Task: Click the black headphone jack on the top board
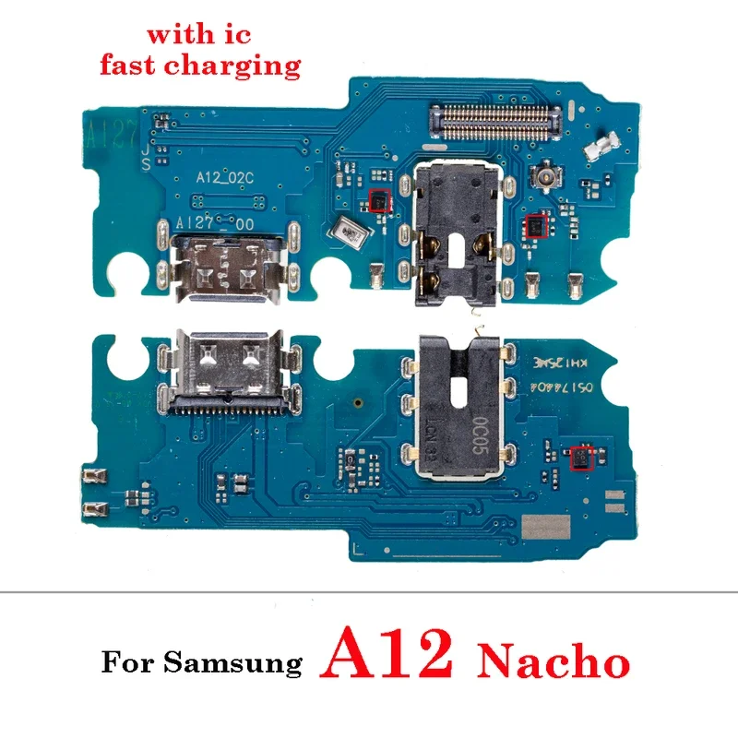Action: [x=453, y=230]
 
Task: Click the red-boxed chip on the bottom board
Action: [x=580, y=457]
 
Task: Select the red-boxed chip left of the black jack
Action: [x=377, y=198]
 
